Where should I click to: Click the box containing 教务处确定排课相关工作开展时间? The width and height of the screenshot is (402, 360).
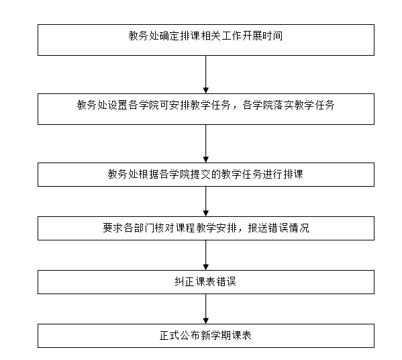pyautogui.click(x=206, y=40)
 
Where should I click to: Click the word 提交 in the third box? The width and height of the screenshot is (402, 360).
pyautogui.click(x=201, y=174)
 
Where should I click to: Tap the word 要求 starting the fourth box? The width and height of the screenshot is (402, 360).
pyautogui.click(x=113, y=228)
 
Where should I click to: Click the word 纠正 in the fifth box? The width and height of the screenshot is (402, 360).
pyautogui.click(x=185, y=281)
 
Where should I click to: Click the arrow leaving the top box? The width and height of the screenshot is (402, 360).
pyautogui.click(x=205, y=75)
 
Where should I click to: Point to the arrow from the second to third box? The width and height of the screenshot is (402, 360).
pyautogui.click(x=205, y=144)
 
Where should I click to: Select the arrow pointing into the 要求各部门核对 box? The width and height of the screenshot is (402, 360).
pyautogui.click(x=205, y=201)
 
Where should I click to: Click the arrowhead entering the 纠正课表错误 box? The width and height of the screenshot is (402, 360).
pyautogui.click(x=205, y=267)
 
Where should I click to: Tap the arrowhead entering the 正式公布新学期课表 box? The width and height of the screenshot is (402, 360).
pyautogui.click(x=205, y=321)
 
